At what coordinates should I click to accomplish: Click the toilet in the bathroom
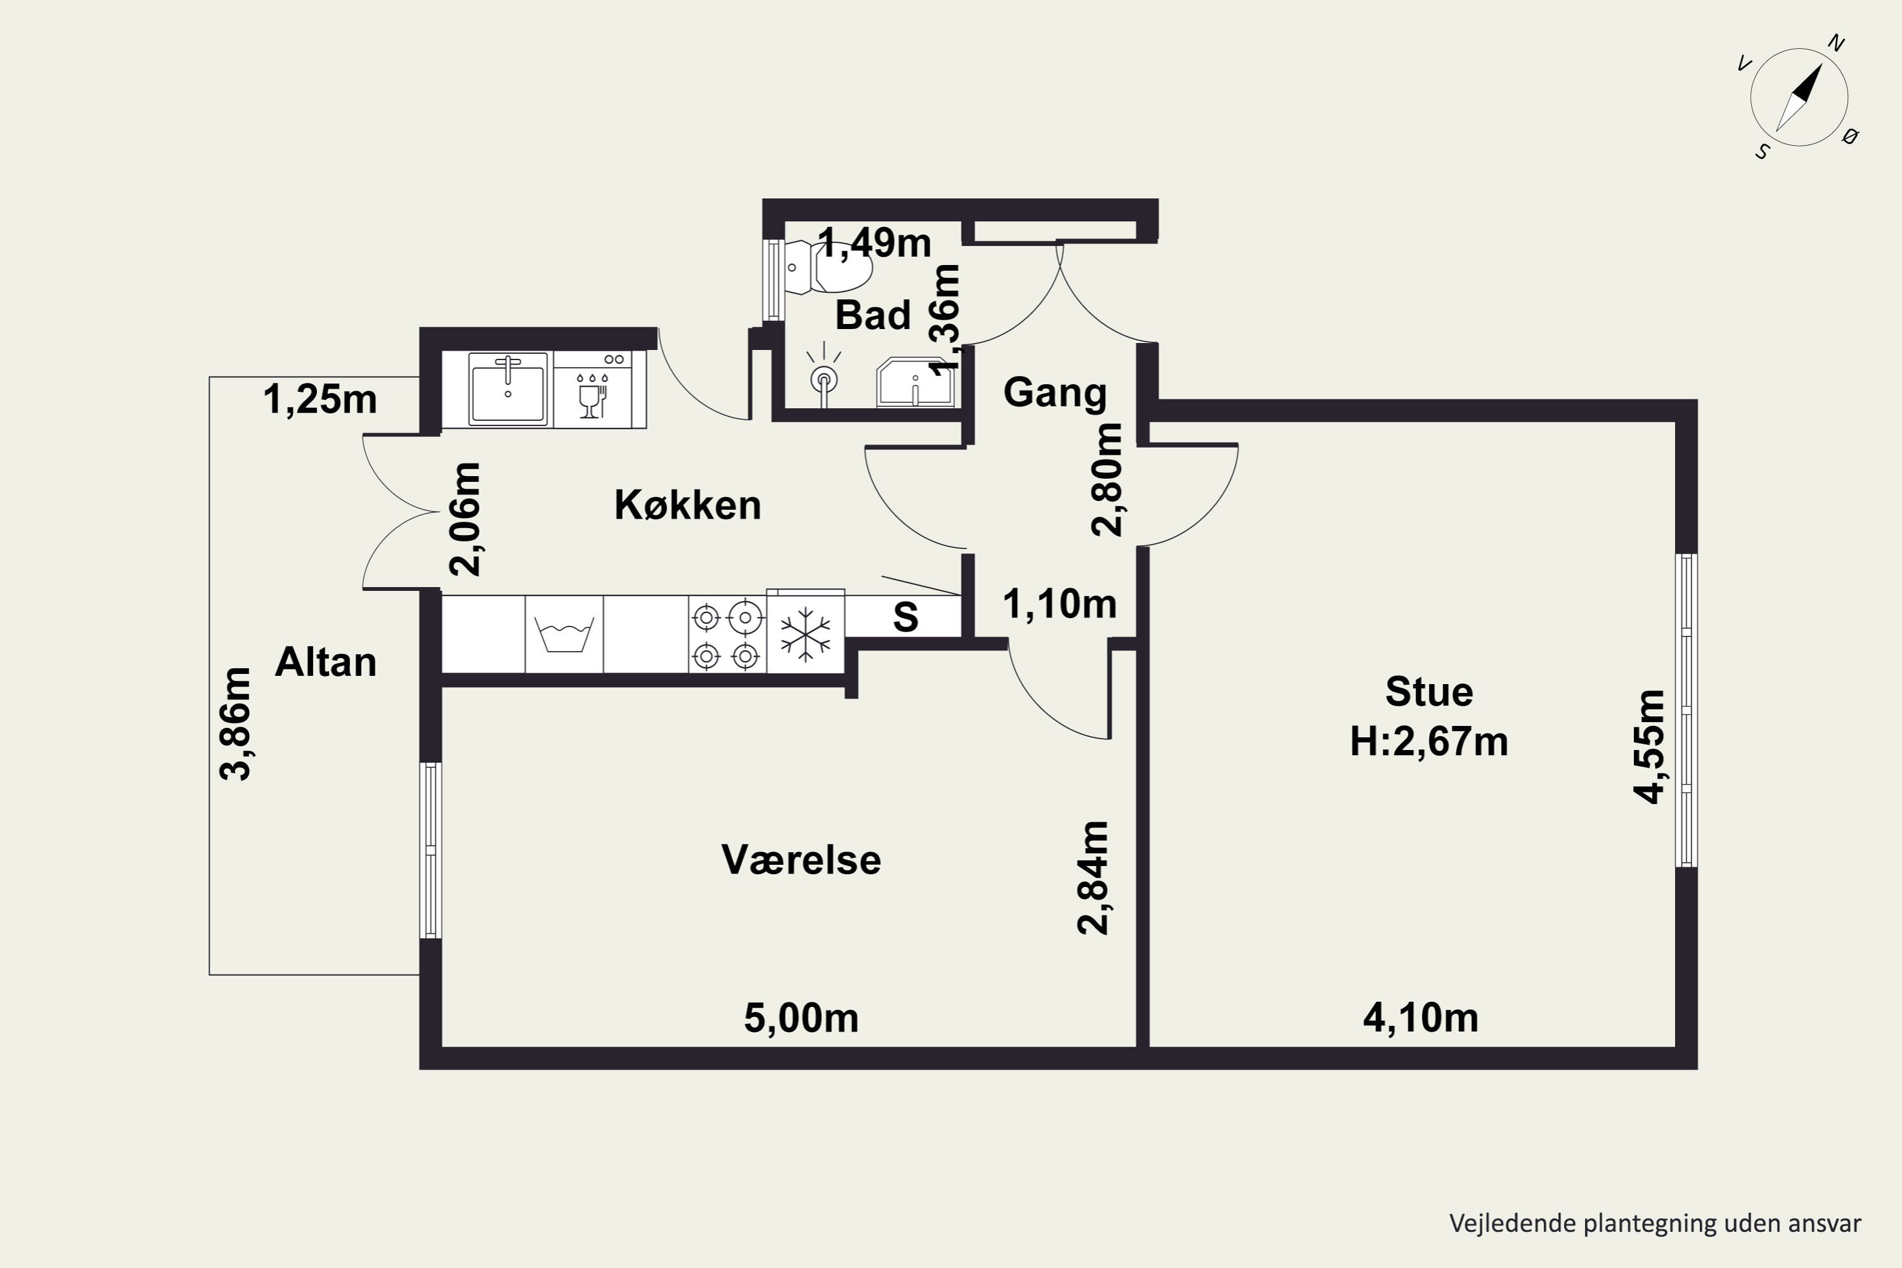830,266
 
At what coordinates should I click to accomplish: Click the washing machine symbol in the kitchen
564,635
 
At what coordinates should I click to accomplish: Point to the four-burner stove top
727,635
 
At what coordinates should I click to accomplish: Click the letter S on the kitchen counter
906,618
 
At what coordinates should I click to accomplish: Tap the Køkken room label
688,505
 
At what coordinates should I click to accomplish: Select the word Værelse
801,860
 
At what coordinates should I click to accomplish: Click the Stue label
1429,692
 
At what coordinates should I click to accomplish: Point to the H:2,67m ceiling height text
1429,742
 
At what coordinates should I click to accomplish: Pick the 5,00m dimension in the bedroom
801,1018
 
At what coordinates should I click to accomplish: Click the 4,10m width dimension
1421,1018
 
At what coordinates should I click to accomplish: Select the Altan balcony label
326,663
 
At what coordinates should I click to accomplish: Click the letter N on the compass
1837,44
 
